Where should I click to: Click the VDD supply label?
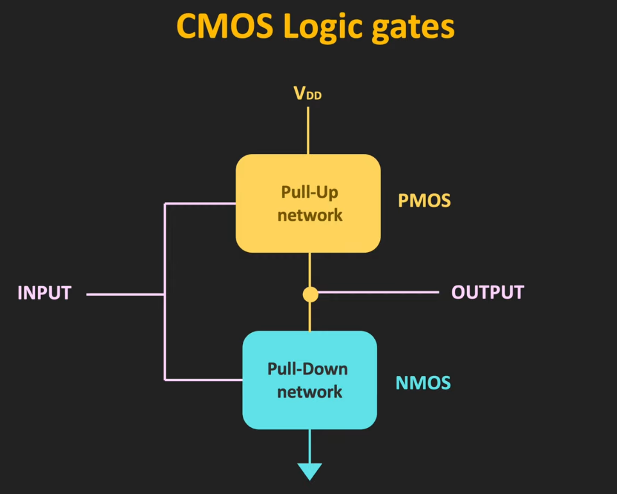308,94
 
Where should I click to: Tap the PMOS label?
424,201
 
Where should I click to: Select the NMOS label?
423,384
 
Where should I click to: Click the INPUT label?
44,293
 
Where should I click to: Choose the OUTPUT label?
488,293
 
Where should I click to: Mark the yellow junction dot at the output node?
310,294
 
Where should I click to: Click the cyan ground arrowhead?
310,472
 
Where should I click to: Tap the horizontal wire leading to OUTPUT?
378,293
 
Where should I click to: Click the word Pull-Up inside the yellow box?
309,192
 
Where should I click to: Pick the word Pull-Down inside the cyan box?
308,369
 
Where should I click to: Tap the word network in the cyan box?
309,391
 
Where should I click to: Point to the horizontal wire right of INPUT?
126,294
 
